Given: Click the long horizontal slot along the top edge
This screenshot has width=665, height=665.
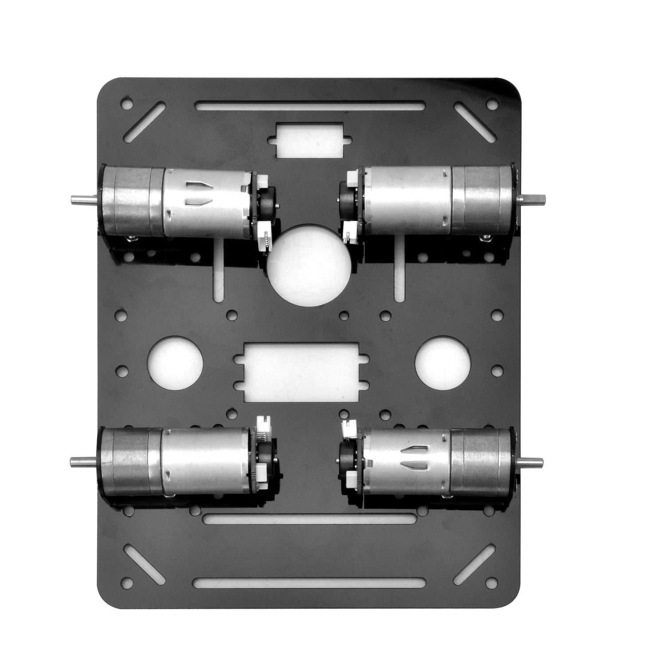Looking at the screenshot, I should point(309,106).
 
